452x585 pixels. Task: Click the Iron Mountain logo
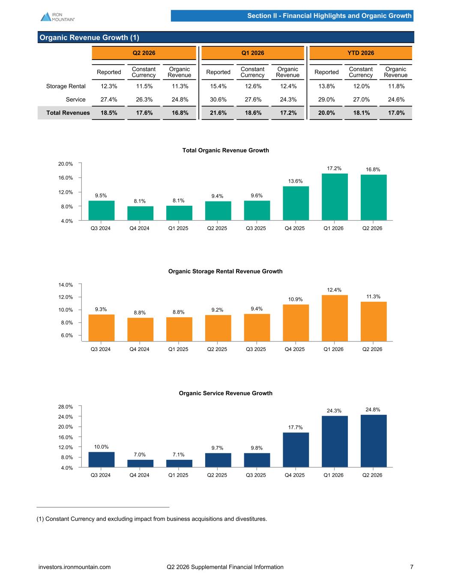pyautogui.click(x=57, y=17)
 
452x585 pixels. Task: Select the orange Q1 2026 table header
pyautogui.click(x=253, y=53)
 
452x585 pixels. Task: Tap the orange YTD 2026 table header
pyautogui.click(x=360, y=53)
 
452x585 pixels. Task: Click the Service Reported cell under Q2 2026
pyautogui.click(x=109, y=99)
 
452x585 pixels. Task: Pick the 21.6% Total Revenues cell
pyautogui.click(x=218, y=113)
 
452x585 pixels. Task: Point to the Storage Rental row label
pyautogui.click(x=66, y=86)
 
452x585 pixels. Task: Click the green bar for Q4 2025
pyautogui.click(x=296, y=203)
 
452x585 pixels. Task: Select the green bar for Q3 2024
pyautogui.click(x=102, y=210)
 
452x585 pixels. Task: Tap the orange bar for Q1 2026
pyautogui.click(x=335, y=318)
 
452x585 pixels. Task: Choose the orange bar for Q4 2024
pyautogui.click(x=141, y=330)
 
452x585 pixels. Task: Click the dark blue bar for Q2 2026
pyautogui.click(x=374, y=441)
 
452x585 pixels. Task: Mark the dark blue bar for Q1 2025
pyautogui.click(x=179, y=464)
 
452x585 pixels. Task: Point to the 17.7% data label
pyautogui.click(x=296, y=428)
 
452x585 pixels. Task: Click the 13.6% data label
pyautogui.click(x=296, y=181)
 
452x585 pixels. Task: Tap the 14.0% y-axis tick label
pyautogui.click(x=66, y=285)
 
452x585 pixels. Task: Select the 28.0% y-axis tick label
pyautogui.click(x=66, y=407)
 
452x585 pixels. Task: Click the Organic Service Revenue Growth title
pyautogui.click(x=225, y=393)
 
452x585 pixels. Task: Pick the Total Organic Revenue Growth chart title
pyautogui.click(x=225, y=150)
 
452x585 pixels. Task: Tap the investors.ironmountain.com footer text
pyautogui.click(x=75, y=567)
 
